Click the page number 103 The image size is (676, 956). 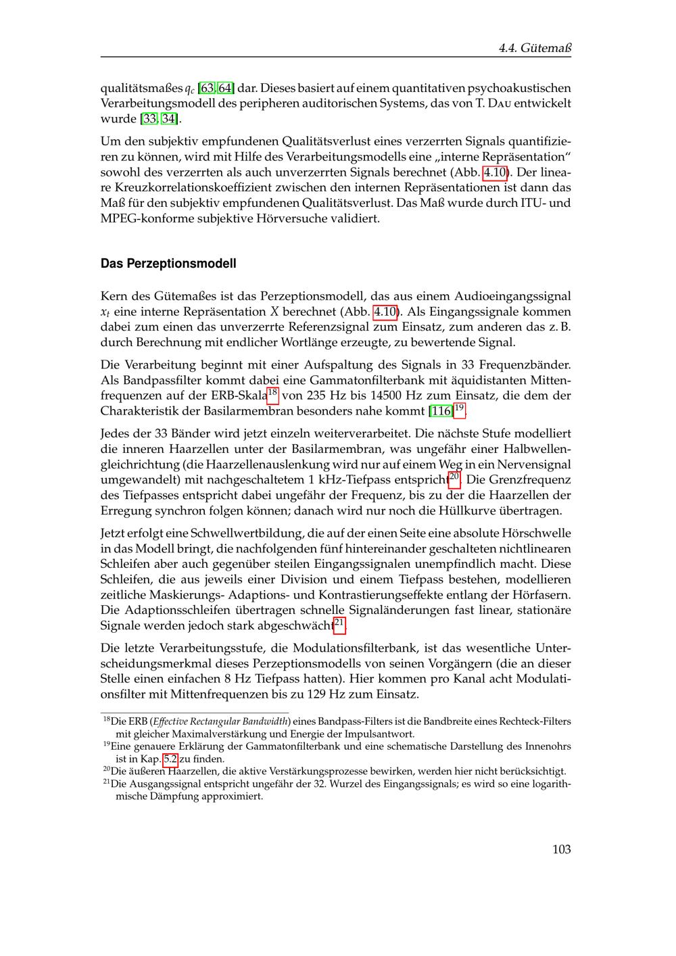click(561, 849)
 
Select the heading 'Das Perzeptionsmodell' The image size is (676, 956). click(168, 264)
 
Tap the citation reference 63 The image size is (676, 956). click(208, 89)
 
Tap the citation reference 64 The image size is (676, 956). click(226, 89)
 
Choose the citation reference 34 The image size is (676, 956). click(168, 119)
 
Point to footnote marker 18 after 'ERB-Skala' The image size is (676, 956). click(273, 392)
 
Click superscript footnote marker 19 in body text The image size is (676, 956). click(460, 408)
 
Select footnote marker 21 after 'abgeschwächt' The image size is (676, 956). click(340, 622)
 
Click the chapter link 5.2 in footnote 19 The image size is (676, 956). click(170, 759)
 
